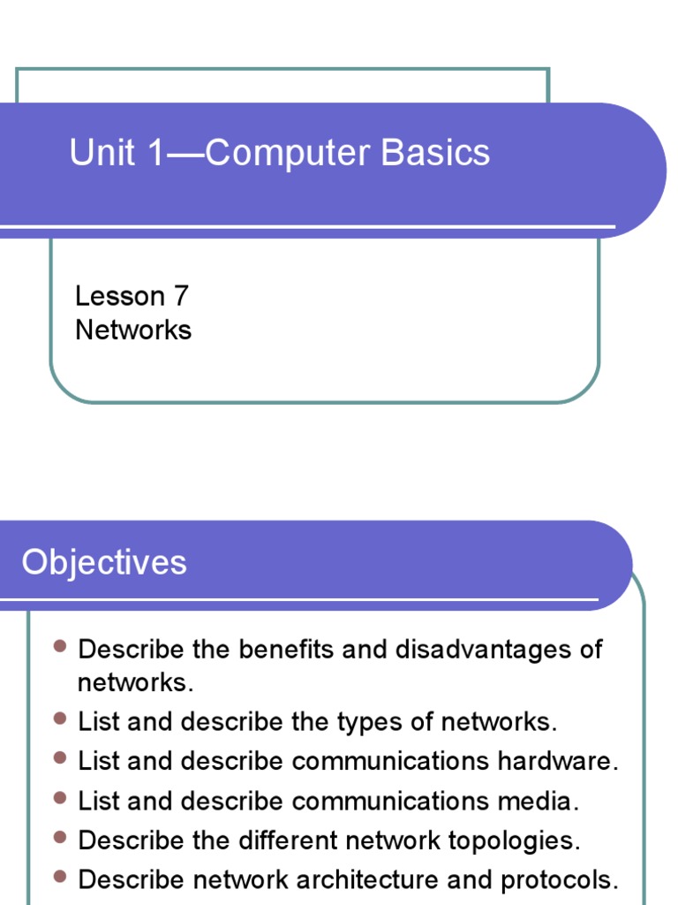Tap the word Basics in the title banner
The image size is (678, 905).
coord(435,153)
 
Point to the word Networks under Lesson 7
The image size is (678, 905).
coord(133,330)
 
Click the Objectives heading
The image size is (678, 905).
coord(104,562)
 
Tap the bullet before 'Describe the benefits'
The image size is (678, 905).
coord(60,646)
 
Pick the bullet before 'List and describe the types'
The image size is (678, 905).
coord(60,719)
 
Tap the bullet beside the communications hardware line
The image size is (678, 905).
coord(60,758)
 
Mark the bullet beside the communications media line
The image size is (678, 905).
coord(60,798)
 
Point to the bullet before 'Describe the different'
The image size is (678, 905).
coord(60,837)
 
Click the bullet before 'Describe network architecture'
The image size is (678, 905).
coord(60,877)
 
